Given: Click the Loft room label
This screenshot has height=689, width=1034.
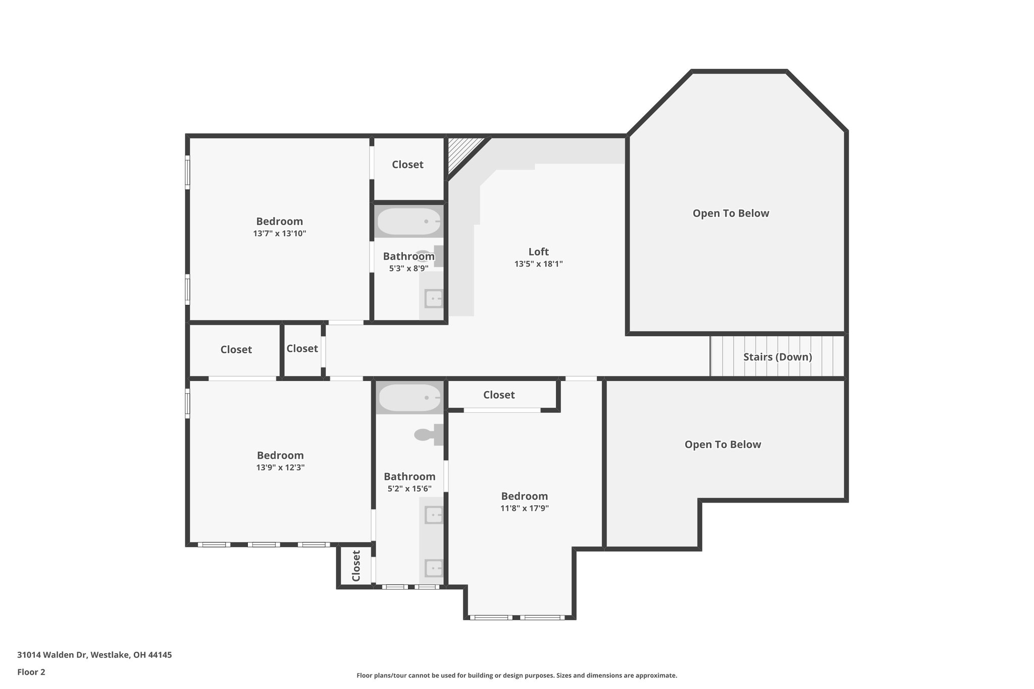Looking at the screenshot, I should click(538, 251).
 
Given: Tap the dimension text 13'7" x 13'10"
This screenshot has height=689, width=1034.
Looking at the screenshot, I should click(280, 234).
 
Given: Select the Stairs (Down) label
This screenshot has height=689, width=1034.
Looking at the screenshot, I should click(778, 357).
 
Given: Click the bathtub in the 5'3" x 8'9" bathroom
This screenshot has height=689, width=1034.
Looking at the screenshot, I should click(409, 222).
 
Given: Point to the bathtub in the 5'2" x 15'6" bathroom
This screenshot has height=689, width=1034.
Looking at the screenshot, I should click(409, 398).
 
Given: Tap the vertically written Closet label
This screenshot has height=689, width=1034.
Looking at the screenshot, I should click(356, 566).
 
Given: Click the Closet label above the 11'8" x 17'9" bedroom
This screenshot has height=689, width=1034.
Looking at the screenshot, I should click(499, 395).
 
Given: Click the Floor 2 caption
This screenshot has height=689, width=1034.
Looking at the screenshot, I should click(31, 672).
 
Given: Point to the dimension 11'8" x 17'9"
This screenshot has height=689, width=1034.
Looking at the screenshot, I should click(525, 508).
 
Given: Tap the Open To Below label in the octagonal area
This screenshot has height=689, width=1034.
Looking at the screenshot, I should click(731, 213).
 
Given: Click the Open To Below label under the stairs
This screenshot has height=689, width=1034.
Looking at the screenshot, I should click(722, 444).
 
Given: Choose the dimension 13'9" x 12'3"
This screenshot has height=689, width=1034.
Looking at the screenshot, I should click(280, 467).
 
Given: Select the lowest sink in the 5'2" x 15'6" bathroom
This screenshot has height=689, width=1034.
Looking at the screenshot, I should click(433, 568).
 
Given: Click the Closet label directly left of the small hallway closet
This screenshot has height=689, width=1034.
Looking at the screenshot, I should click(236, 349).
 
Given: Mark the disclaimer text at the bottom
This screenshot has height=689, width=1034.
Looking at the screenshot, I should click(516, 675).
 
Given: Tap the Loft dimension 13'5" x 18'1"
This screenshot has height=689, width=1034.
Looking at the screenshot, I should click(538, 263).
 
